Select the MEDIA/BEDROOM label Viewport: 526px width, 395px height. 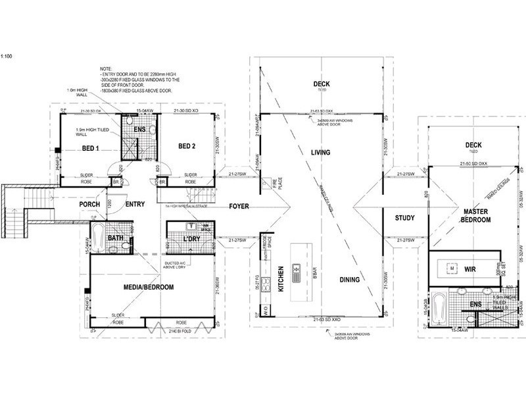(149, 288)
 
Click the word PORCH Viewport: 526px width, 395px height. (89, 205)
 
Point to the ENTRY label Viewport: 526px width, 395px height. (135, 205)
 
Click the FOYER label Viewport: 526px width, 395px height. (239, 207)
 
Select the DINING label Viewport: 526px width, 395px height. (350, 280)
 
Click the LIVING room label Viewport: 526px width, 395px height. (320, 153)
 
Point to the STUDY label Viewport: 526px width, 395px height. (405, 218)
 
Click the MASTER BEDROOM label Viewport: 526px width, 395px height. (475, 215)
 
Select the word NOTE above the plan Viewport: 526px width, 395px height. (107, 68)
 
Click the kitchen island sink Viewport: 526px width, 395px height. (297, 270)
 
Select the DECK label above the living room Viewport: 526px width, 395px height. (321, 84)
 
